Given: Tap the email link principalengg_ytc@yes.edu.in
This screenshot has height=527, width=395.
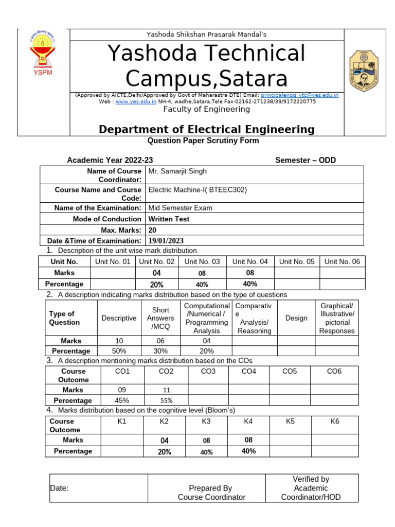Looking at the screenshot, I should tap(299, 95).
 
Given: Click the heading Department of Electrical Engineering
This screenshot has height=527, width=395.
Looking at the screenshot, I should tap(206, 129).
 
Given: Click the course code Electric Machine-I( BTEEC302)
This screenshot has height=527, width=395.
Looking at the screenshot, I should tap(197, 189).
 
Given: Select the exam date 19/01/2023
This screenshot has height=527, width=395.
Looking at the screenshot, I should tap(166, 241).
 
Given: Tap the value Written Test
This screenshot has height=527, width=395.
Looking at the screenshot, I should tap(169, 219).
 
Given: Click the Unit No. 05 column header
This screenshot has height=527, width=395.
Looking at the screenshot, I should tap(297, 261).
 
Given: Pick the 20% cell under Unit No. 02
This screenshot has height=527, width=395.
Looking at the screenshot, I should tap(157, 285).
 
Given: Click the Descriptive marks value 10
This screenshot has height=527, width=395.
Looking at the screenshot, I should tap(119, 341).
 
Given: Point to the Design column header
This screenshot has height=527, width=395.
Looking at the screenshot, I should tap(296, 318).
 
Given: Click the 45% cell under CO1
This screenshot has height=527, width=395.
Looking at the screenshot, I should tap(122, 400).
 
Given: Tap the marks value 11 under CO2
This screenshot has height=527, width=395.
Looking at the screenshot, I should tap(166, 390).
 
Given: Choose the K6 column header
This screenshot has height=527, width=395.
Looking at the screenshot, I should tap(335, 421).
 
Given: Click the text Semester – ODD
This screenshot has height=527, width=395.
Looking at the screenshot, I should tap(306, 160).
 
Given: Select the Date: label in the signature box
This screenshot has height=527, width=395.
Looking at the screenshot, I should tap(60, 488).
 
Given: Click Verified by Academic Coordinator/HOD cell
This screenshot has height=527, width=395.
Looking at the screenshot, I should tap(311, 488).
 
